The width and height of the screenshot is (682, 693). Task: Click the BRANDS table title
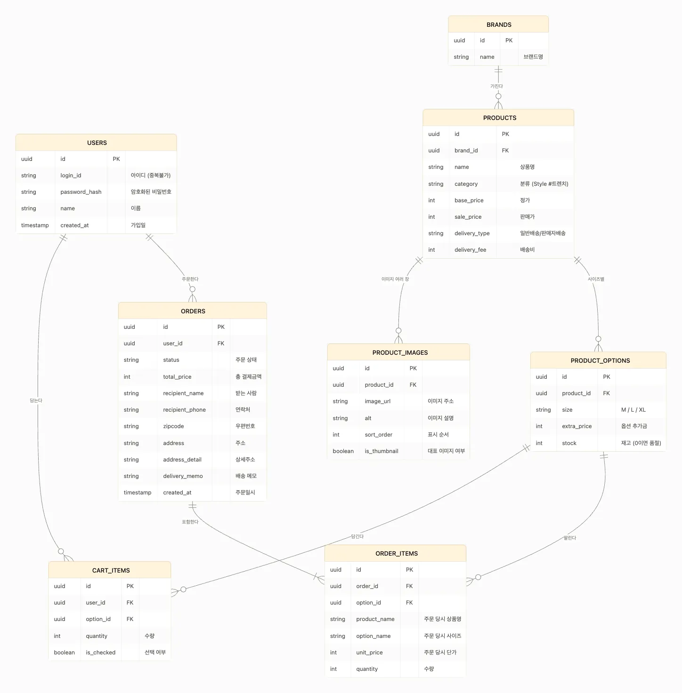point(499,25)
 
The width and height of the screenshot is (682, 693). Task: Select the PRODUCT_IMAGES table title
point(400,353)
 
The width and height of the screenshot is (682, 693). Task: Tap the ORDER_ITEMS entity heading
point(397,553)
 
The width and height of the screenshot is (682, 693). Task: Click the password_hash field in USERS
point(81,192)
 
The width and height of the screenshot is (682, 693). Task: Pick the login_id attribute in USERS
point(71,175)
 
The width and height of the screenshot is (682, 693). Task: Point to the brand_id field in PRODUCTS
point(466,151)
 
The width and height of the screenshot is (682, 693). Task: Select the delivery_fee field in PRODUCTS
point(470,249)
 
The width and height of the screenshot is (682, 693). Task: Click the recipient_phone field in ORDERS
point(184,410)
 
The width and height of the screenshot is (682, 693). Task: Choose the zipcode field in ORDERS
point(173,426)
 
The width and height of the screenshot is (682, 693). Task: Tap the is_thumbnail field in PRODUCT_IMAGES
point(382,451)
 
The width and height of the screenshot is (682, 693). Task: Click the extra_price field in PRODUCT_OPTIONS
point(576,426)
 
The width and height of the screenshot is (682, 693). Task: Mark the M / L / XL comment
point(633,410)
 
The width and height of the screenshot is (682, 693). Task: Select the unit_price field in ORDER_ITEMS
point(369,653)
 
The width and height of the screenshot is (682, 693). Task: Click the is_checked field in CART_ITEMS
point(100,653)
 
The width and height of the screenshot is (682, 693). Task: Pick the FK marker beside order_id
point(409,586)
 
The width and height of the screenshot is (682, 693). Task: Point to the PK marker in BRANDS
point(509,40)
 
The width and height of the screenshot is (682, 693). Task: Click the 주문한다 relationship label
point(190,279)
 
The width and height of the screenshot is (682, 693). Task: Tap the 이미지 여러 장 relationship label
point(395,279)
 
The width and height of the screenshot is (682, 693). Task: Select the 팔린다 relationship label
point(569,538)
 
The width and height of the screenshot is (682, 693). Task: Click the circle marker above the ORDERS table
point(193,289)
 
